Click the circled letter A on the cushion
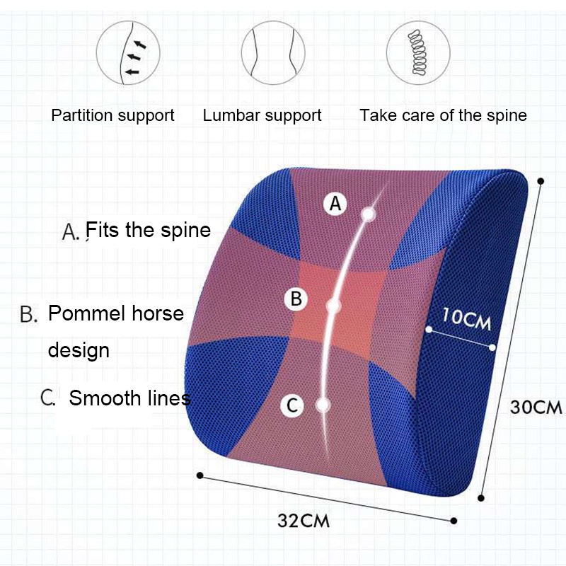pos(335,204)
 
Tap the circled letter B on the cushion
pos(296,299)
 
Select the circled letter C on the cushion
pos(292,405)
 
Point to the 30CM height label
pos(536,408)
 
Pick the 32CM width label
pos(304,521)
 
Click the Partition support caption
pos(112,115)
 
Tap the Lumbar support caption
pos(262,115)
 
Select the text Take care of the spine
pos(444,115)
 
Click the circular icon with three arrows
pos(128,52)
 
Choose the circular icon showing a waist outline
pos(273,52)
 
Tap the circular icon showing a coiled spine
pos(418,52)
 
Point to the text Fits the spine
pos(149,230)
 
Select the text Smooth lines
pos(130,398)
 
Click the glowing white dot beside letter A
pos(368,214)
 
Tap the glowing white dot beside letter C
pos(323,405)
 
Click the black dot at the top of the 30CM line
pos(541,181)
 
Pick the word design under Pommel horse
pos(79,350)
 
